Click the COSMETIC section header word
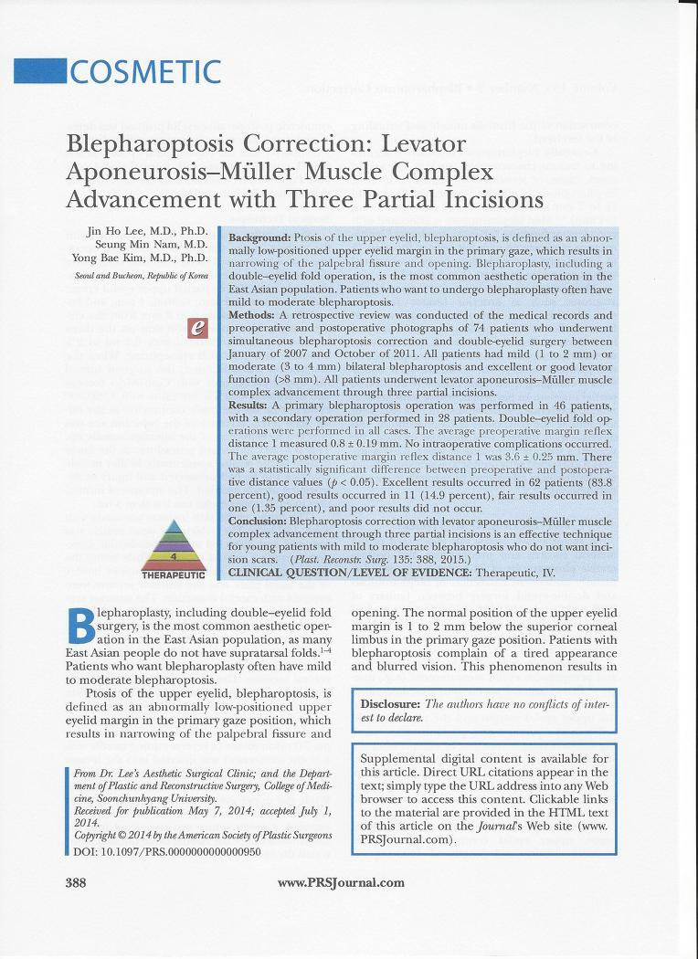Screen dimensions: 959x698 (x=144, y=71)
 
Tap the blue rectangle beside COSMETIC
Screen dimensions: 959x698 (x=39, y=71)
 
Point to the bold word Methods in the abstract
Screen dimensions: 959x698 (x=250, y=314)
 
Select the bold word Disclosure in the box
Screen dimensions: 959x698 (x=391, y=703)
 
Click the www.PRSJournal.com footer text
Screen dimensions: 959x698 (x=341, y=882)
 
